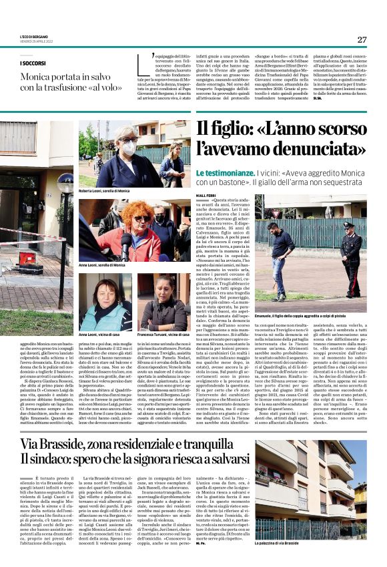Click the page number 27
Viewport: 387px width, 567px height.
[361, 39]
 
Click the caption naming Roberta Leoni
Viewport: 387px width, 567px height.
[103, 191]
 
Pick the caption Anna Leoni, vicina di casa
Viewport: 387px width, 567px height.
[99, 334]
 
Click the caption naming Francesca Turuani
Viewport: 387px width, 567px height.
[164, 334]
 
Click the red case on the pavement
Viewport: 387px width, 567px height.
[27, 258]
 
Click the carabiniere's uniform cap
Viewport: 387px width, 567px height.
[349, 226]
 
